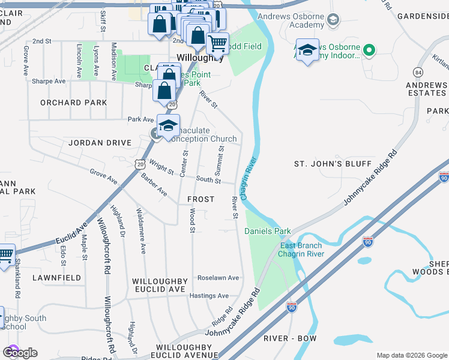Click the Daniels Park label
pos(268,231)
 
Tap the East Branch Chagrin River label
pos(301,250)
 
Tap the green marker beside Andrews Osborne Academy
pos(332,22)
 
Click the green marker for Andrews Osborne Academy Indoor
pos(370,51)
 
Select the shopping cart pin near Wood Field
pos(217,43)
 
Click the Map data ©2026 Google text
pos(411,355)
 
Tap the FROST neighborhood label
pos(200,199)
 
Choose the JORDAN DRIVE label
pos(100,143)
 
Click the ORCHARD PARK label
pos(74,103)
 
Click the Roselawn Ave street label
pos(218,278)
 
